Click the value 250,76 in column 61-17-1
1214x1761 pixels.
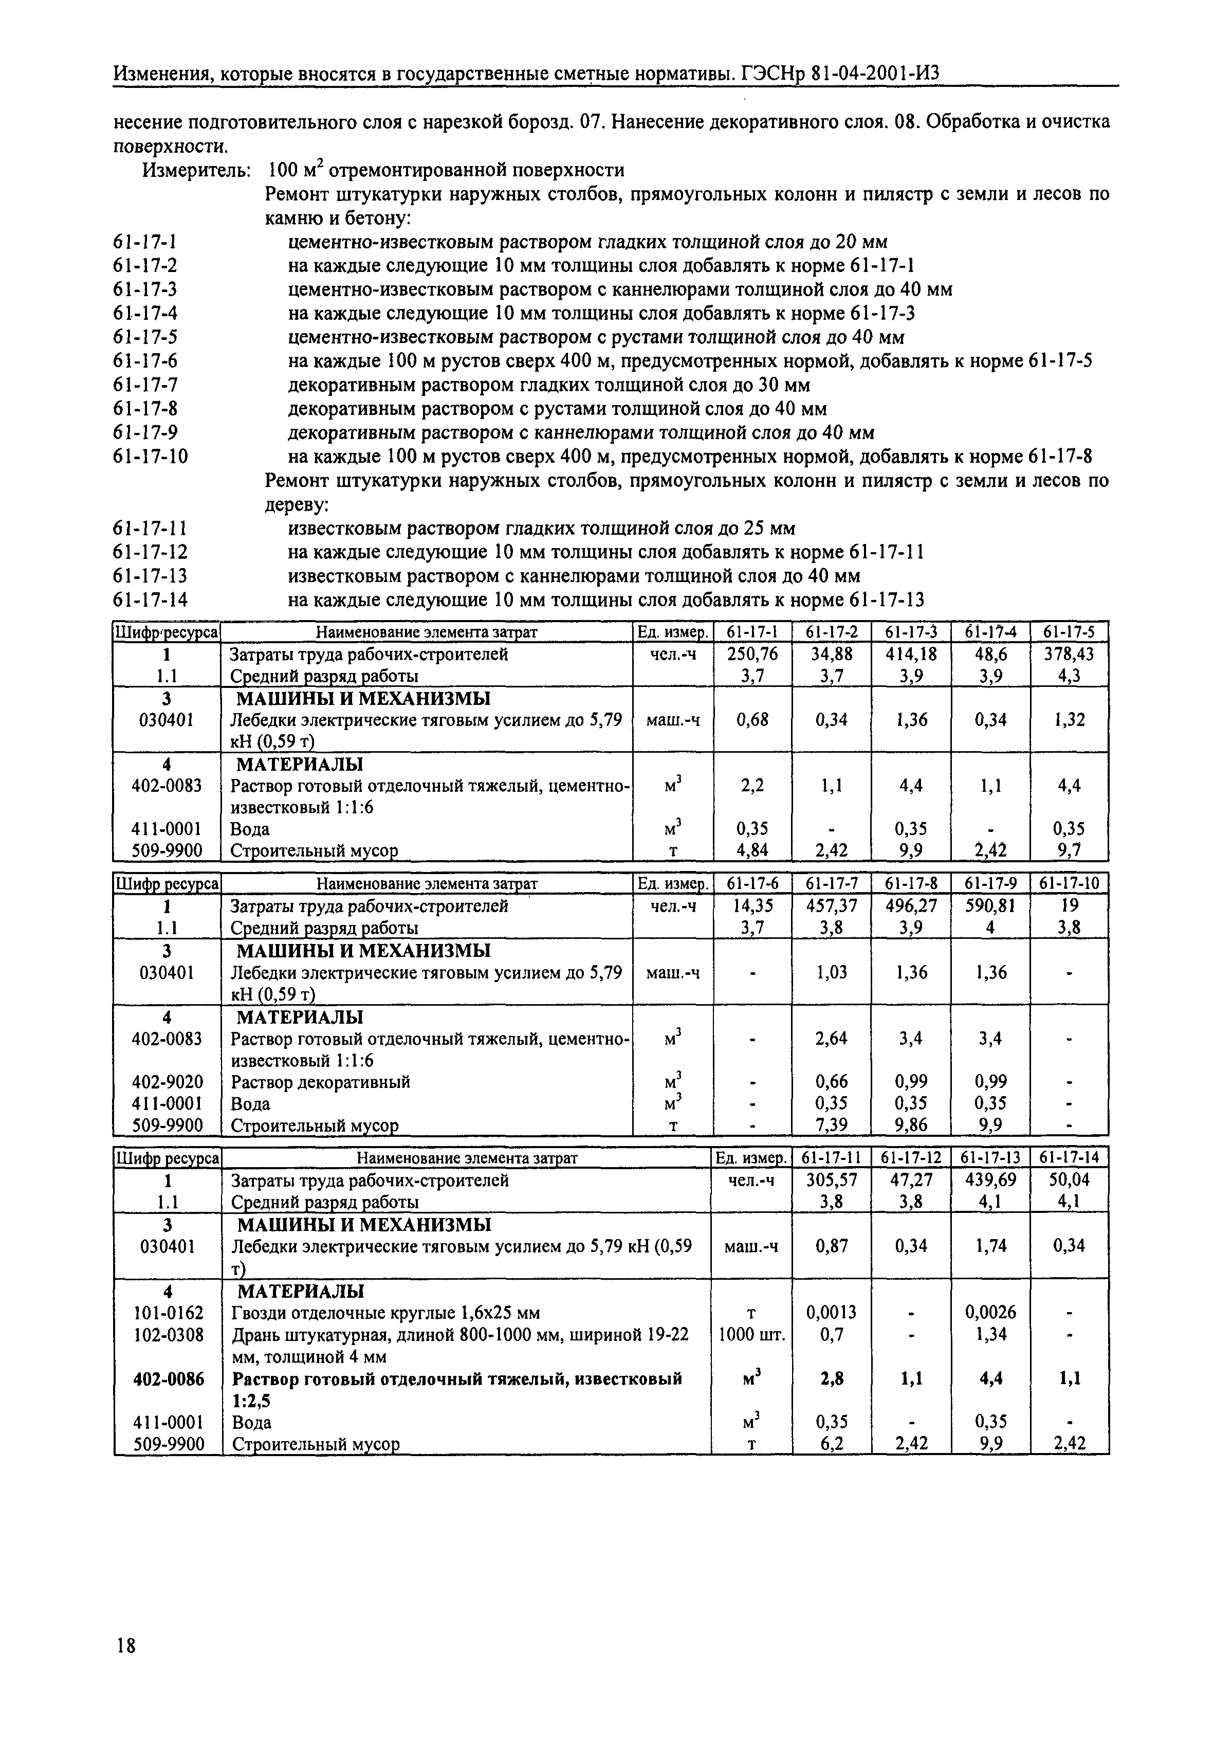click(x=752, y=653)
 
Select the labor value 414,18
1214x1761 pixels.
click(x=911, y=653)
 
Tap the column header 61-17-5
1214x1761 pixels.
click(x=1068, y=632)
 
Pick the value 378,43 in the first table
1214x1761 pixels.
click(x=1068, y=653)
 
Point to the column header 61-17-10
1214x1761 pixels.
click(x=1068, y=883)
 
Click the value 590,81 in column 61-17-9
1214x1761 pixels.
click(x=989, y=905)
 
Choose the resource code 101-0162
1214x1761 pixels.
click(x=168, y=1312)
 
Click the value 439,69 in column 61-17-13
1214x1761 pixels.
click(x=989, y=1181)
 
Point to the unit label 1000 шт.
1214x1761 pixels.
click(x=751, y=1334)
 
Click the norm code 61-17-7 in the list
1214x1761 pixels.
click(x=145, y=384)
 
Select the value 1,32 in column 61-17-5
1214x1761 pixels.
click(x=1068, y=719)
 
